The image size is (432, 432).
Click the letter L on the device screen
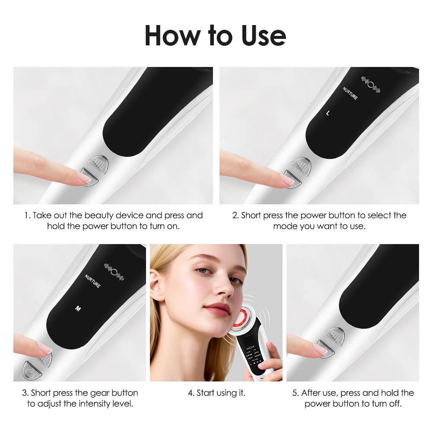pyautogui.click(x=327, y=113)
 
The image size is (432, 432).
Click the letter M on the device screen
pyautogui.click(x=78, y=308)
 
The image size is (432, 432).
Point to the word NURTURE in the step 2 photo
pyautogui.click(x=350, y=93)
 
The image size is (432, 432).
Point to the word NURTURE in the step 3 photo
pyautogui.click(x=92, y=281)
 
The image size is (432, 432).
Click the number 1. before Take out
pyautogui.click(x=27, y=215)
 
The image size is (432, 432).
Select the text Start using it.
pyautogui.click(x=216, y=393)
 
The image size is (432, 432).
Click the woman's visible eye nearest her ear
pyautogui.click(x=201, y=271)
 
